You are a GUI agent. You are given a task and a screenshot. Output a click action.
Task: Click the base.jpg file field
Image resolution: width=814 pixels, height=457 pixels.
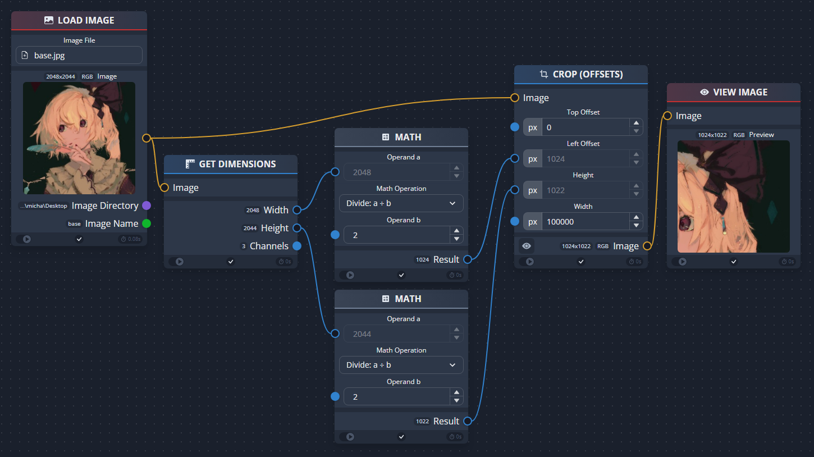tap(79, 55)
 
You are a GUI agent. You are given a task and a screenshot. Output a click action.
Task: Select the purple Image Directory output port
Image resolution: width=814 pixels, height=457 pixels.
tap(147, 205)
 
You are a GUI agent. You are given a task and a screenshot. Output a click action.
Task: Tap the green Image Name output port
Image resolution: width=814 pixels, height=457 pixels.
tap(147, 223)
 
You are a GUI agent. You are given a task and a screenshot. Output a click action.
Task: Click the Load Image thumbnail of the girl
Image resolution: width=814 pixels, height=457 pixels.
tap(79, 138)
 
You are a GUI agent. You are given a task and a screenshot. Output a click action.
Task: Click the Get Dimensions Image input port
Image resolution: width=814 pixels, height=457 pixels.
tap(164, 188)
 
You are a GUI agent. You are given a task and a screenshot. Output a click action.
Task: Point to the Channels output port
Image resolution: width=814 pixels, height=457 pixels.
tap(297, 246)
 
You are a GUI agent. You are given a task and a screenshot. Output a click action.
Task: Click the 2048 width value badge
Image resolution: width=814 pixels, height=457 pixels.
tap(253, 210)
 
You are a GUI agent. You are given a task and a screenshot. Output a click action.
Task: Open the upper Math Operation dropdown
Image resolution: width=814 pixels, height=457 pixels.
tap(401, 203)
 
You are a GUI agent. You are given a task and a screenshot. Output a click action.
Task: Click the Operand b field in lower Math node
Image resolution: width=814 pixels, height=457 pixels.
tap(396, 397)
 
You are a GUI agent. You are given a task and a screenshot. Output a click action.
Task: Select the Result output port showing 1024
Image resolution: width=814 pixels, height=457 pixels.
tap(468, 259)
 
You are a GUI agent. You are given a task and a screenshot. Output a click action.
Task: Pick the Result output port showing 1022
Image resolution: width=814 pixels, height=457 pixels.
tap(468, 421)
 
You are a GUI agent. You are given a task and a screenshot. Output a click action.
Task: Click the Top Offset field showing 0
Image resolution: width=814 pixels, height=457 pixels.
tap(584, 127)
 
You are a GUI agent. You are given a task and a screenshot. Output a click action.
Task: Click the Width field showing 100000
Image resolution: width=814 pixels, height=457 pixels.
tap(584, 222)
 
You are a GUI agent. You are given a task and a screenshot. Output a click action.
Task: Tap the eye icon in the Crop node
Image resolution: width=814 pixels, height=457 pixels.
tap(526, 246)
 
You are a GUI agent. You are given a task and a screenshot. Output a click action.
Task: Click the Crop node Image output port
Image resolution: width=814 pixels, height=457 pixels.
tap(647, 246)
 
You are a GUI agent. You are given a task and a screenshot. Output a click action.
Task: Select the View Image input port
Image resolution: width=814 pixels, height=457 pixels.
tap(667, 116)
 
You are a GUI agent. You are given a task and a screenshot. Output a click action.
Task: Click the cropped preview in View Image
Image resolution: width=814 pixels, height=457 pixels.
tap(733, 196)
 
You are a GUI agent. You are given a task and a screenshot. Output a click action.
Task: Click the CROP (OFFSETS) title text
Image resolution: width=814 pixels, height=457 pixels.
tap(587, 74)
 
